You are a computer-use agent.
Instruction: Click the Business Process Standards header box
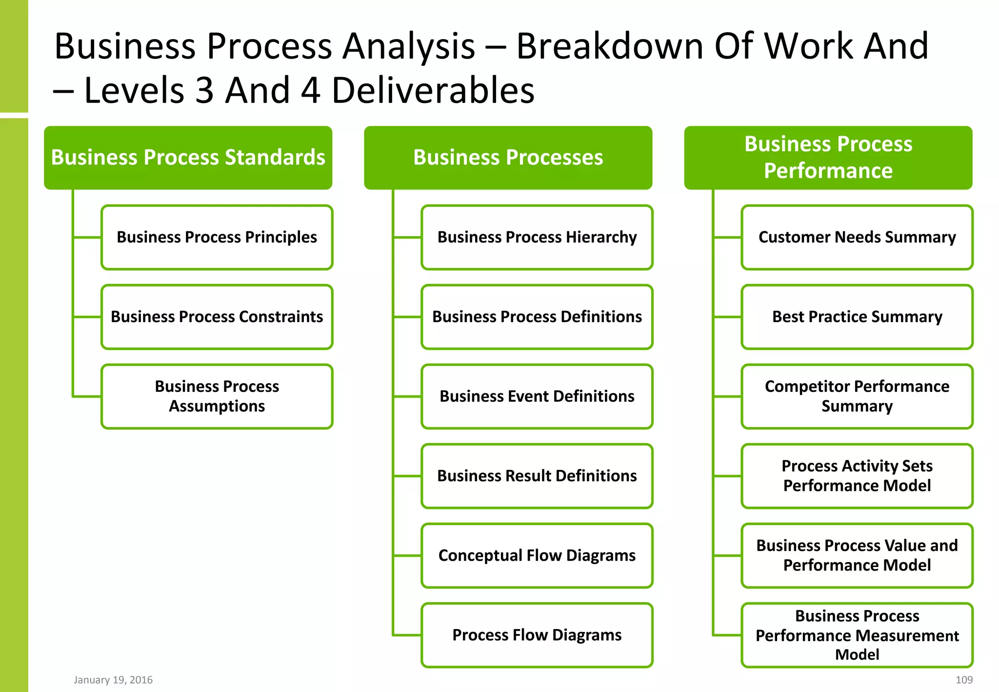click(188, 158)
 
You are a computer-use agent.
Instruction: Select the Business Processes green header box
click(508, 158)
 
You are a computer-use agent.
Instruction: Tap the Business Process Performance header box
click(828, 158)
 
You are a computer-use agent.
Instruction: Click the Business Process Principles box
click(217, 237)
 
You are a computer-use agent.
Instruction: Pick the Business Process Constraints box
click(217, 317)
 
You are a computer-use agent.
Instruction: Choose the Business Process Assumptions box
click(217, 396)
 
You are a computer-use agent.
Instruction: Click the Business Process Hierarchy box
click(537, 237)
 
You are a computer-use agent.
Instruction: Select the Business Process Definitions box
click(537, 317)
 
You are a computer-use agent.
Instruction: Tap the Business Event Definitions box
click(537, 396)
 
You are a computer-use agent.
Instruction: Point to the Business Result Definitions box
click(537, 476)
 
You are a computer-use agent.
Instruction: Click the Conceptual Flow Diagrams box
click(537, 555)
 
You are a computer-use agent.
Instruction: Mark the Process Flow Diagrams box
click(537, 635)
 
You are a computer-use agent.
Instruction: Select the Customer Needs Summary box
click(857, 237)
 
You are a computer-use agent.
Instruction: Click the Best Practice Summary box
click(857, 317)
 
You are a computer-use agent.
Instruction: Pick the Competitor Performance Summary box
click(857, 396)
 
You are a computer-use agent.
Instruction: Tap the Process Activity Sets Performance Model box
click(857, 476)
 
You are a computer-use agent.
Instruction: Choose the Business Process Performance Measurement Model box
click(857, 635)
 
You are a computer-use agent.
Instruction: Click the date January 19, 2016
click(113, 680)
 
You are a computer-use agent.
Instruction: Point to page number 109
click(964, 680)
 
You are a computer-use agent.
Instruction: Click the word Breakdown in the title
click(610, 46)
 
